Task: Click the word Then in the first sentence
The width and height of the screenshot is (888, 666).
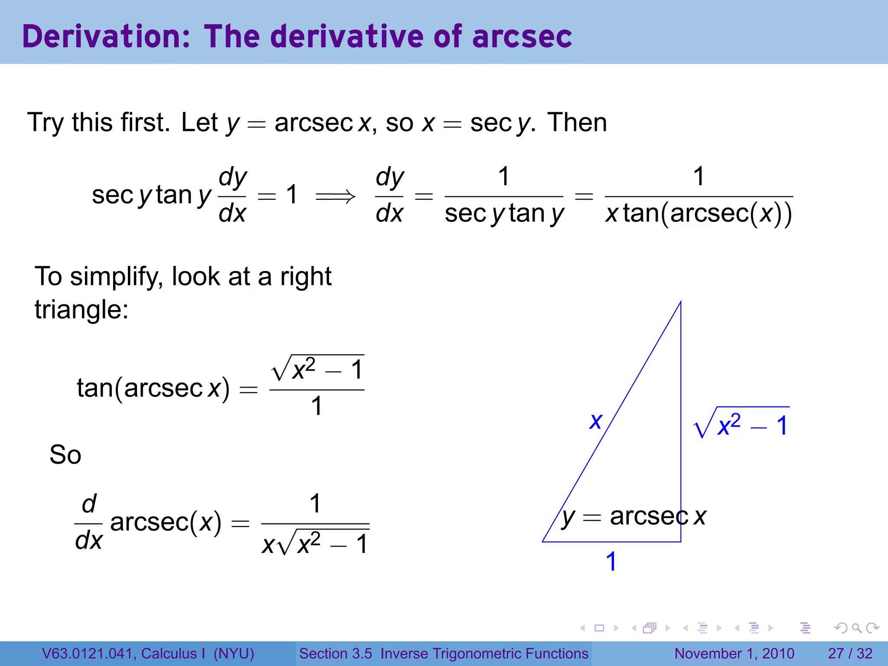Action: point(577,123)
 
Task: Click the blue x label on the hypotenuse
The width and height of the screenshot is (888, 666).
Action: point(596,421)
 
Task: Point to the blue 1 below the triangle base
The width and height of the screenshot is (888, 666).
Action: point(611,562)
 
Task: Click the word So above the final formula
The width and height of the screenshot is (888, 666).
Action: point(65,455)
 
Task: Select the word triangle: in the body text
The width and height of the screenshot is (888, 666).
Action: point(82,310)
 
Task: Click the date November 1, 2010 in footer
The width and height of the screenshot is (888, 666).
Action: point(735,653)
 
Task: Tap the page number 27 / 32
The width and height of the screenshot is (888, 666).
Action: point(850,653)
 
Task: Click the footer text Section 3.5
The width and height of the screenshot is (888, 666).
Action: point(336,653)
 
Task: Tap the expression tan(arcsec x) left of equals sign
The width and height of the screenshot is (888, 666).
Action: point(153,388)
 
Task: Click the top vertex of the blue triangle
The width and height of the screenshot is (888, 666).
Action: point(680,302)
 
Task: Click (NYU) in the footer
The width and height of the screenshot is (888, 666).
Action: point(234,653)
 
